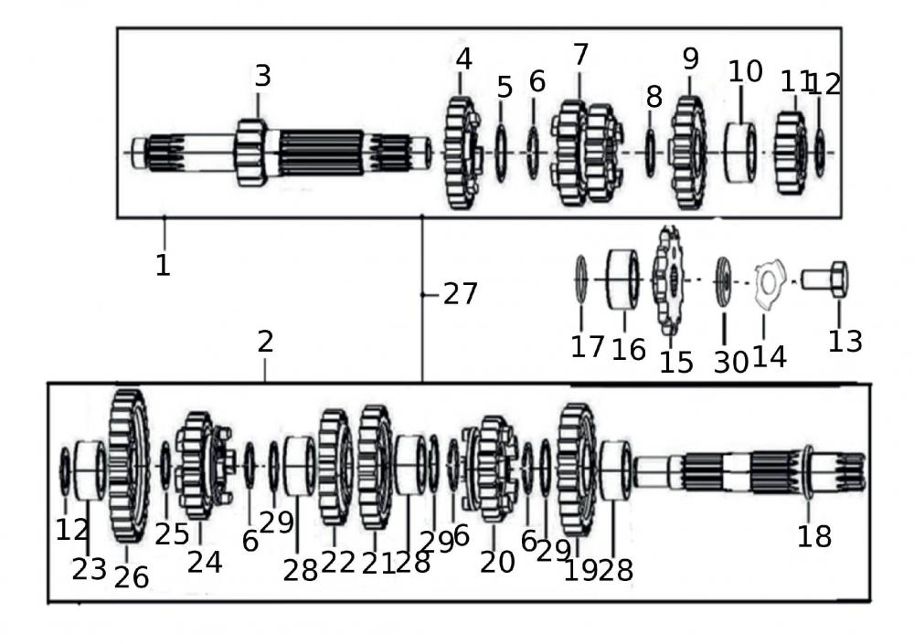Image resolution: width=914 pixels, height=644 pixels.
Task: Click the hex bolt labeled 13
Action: tap(825, 280)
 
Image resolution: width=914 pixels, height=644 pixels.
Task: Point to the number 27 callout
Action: tap(460, 293)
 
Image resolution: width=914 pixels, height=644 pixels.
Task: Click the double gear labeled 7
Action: tap(586, 153)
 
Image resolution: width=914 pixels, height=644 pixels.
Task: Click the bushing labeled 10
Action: tap(740, 152)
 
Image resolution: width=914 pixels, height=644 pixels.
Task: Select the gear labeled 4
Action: tap(462, 153)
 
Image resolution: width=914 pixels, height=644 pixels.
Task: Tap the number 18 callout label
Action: tap(813, 536)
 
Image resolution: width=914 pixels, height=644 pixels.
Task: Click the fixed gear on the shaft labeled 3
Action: tap(251, 152)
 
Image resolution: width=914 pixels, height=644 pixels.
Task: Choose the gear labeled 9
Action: tap(687, 153)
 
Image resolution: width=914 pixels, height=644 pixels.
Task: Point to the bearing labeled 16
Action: tap(623, 280)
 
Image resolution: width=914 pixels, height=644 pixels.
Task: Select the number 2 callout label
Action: tap(265, 343)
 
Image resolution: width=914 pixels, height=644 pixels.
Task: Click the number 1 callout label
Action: tap(163, 266)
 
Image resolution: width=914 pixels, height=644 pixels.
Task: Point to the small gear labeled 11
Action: tap(790, 153)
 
